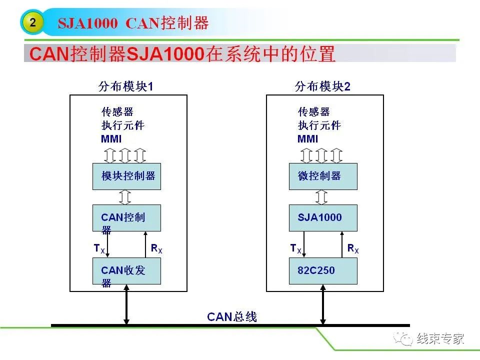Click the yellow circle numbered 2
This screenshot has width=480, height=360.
click(32, 22)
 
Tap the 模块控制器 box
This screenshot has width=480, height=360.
click(126, 176)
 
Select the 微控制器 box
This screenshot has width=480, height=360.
click(323, 176)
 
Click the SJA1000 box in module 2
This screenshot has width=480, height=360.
click(323, 218)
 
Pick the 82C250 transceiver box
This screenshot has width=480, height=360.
click(323, 271)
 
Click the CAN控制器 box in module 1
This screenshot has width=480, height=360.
click(126, 218)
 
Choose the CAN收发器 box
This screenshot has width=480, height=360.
click(126, 271)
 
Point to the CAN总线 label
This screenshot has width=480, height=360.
click(231, 317)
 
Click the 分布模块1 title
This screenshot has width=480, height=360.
click(126, 86)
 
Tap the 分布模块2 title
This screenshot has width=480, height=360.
click(322, 86)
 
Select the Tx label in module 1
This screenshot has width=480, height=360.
click(99, 248)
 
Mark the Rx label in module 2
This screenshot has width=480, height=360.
click(353, 248)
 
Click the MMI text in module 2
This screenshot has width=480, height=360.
click(307, 139)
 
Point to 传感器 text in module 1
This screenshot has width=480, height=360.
click(117, 111)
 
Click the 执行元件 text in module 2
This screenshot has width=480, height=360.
click(319, 125)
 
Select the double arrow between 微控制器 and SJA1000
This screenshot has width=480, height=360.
click(321, 197)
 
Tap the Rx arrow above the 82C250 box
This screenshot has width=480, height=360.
click(342, 244)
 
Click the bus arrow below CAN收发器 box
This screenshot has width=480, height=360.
click(126, 304)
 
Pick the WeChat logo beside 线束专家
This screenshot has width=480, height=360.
click(403, 338)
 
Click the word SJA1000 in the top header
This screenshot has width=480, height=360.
click(88, 23)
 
